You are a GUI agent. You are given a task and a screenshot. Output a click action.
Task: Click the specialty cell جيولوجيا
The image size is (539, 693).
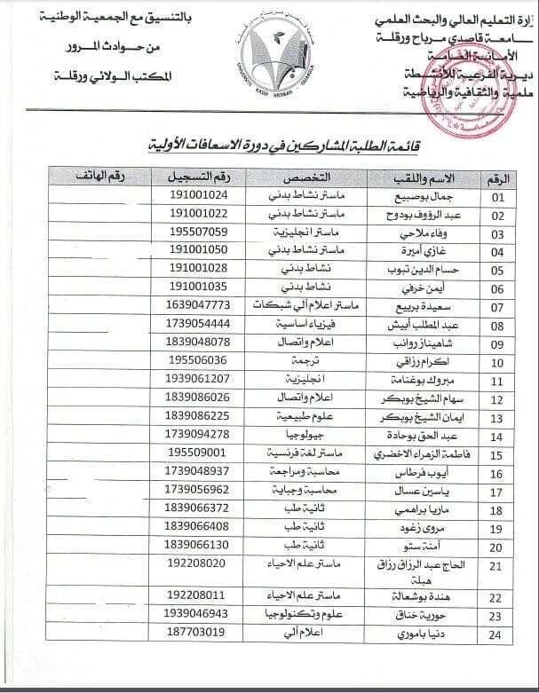tap(305, 435)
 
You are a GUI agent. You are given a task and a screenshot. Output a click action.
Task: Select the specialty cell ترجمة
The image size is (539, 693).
tap(306, 361)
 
